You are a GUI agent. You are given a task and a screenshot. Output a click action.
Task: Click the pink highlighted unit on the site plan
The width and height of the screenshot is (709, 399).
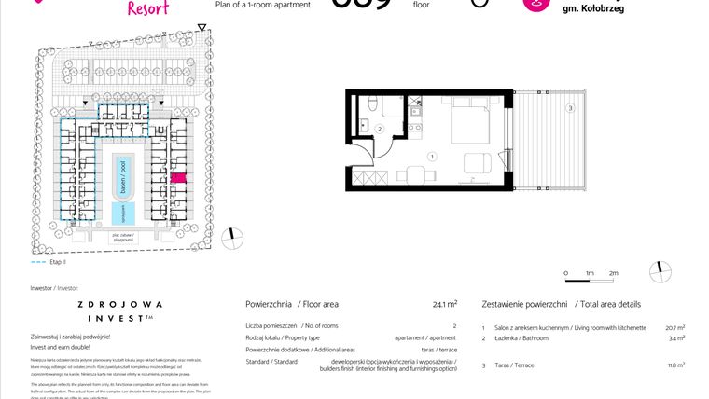pyautogui.click(x=178, y=177)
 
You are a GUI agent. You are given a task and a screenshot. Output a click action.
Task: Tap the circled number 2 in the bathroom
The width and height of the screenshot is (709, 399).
pyautogui.click(x=380, y=130)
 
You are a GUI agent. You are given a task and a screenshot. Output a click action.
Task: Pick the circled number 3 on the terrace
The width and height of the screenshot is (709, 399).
pyautogui.click(x=569, y=109)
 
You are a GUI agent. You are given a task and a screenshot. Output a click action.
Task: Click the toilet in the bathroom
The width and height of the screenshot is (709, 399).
pyautogui.click(x=370, y=103)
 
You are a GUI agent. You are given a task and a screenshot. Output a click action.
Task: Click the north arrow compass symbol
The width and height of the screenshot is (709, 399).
pyautogui.click(x=661, y=271)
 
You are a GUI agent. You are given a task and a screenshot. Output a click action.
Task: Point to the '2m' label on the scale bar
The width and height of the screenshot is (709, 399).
pyautogui.click(x=613, y=273)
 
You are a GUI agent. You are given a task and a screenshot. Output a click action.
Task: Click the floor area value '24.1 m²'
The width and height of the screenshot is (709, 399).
pyautogui.click(x=444, y=304)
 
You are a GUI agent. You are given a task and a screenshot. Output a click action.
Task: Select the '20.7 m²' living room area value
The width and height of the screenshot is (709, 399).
pyautogui.click(x=675, y=328)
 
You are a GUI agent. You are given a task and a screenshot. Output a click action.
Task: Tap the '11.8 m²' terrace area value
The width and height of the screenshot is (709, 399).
pyautogui.click(x=675, y=365)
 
